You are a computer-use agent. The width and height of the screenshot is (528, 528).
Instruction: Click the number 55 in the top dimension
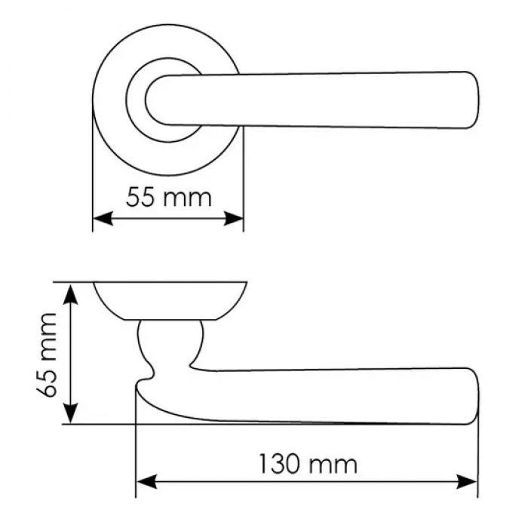pyautogui.click(x=142, y=198)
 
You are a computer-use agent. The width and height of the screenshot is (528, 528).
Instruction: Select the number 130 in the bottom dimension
pyautogui.click(x=279, y=464)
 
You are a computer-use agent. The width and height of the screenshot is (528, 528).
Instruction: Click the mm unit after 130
pyautogui.click(x=332, y=466)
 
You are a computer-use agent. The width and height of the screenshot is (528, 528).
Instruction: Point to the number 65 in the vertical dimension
pyautogui.click(x=47, y=384)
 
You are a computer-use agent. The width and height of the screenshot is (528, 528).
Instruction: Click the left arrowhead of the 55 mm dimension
pyautogui.click(x=103, y=219)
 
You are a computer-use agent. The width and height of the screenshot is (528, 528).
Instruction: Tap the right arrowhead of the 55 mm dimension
pyautogui.click(x=233, y=219)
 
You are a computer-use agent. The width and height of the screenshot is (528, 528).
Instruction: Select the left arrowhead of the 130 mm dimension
pyautogui.click(x=146, y=481)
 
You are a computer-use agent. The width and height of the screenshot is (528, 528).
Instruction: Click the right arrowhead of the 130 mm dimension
pyautogui.click(x=467, y=481)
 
